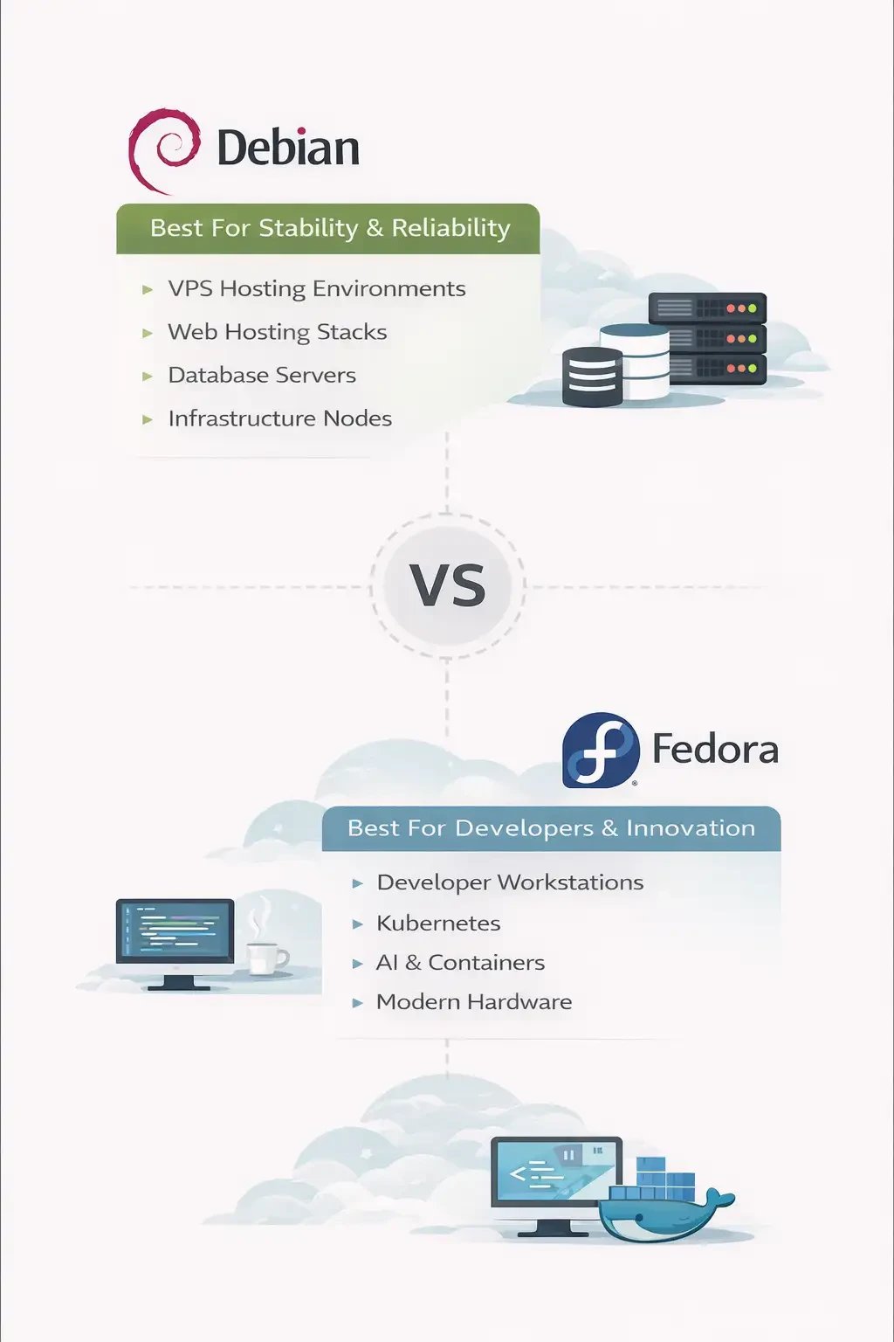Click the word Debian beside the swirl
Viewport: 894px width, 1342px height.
tap(288, 149)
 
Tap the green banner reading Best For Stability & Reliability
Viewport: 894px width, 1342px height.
tap(328, 228)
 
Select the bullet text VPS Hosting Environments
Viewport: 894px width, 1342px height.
tap(316, 288)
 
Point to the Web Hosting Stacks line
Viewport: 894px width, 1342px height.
tap(277, 332)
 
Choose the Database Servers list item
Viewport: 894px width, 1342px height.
tap(262, 375)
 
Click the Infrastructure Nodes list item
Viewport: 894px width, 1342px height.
tap(279, 419)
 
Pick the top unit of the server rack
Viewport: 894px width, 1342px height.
tap(707, 308)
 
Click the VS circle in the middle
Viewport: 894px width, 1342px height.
tap(447, 585)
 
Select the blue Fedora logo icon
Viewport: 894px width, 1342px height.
tap(601, 750)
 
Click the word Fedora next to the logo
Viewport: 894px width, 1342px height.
tap(715, 750)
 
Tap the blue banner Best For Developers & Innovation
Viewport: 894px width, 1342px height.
tap(551, 828)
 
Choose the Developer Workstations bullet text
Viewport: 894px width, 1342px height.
tap(510, 882)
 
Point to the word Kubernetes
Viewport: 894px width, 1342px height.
tap(438, 923)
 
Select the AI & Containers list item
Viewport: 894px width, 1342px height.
tap(460, 963)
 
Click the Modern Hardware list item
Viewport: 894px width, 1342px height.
tap(474, 1002)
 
